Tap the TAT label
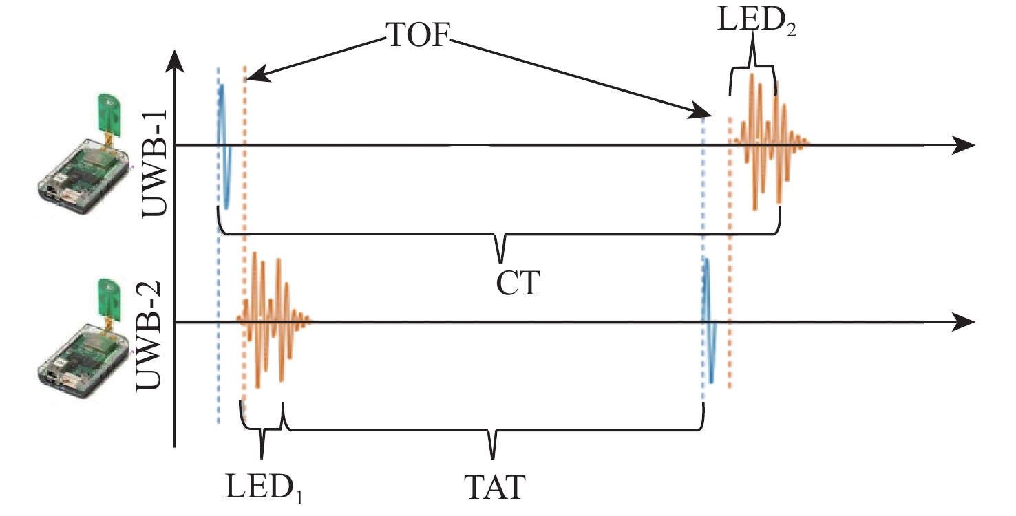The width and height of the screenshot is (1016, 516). tap(493, 486)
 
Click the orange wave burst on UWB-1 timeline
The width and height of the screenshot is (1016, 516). tap(768, 142)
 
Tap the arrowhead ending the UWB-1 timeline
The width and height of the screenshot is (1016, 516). tap(964, 145)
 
